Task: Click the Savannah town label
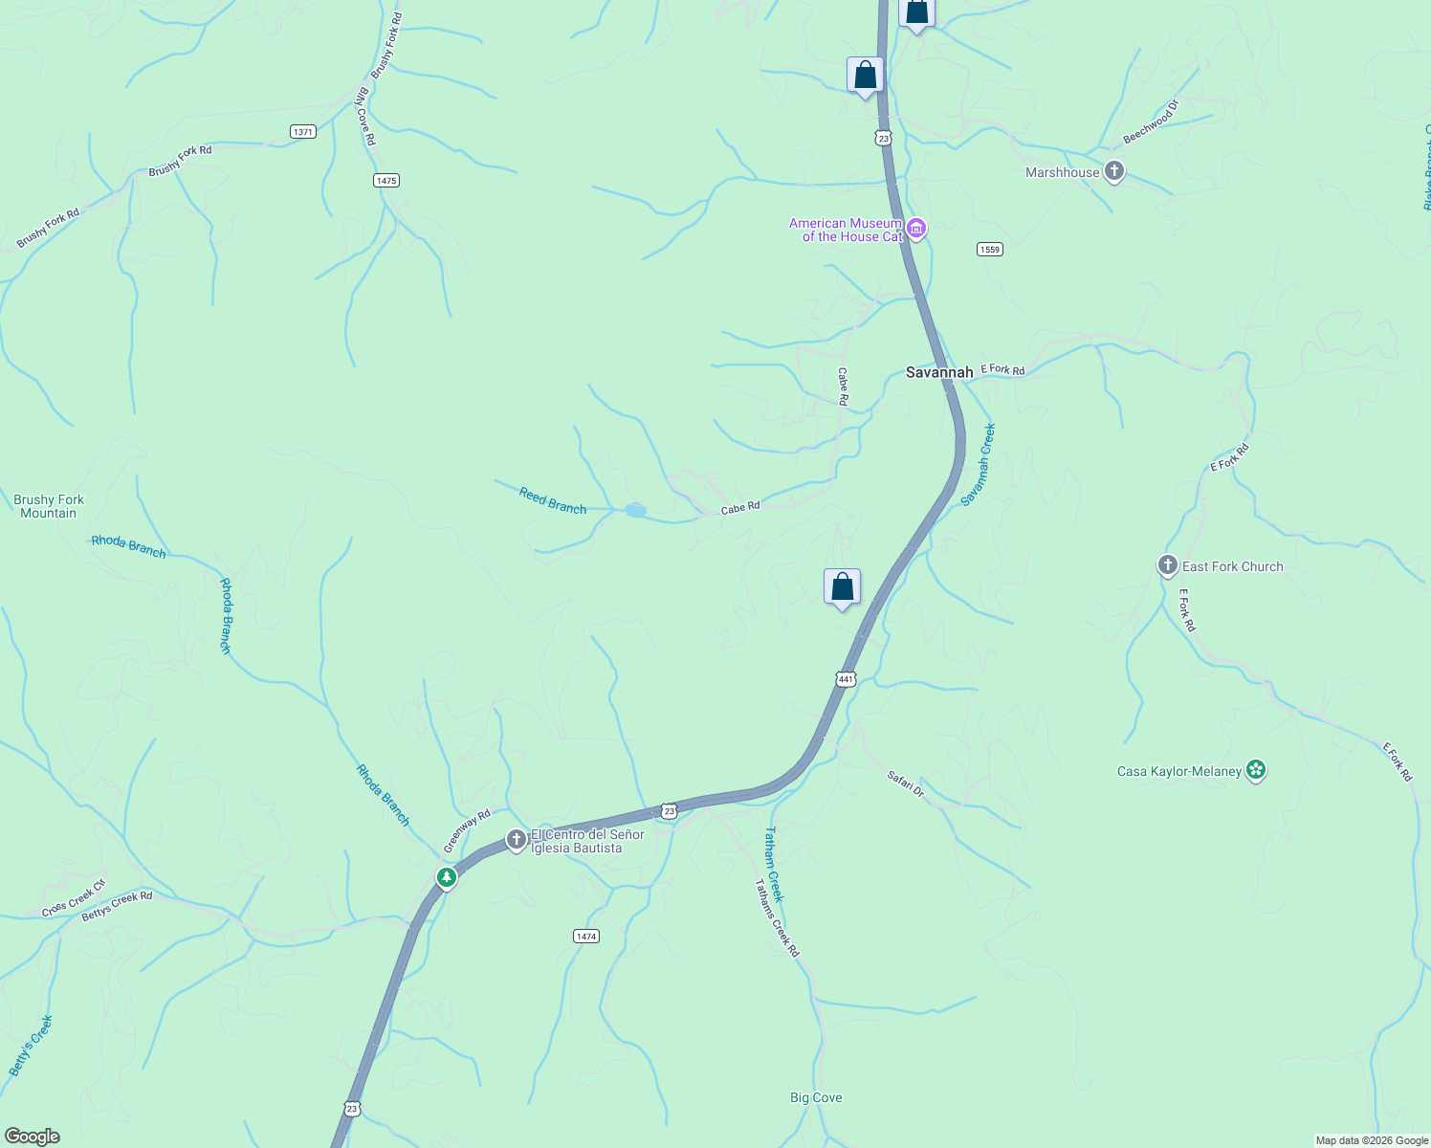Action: pos(939,372)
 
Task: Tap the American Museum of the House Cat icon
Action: pos(916,229)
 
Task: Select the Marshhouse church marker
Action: pos(1113,172)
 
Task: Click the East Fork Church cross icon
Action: pos(1167,565)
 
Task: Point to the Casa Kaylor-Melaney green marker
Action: pos(1256,770)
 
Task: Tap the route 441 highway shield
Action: pos(846,679)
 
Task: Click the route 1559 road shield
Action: pos(989,250)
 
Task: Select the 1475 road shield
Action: pos(386,180)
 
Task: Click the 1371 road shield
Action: pos(303,131)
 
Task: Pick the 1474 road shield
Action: pos(586,936)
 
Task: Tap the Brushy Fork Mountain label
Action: pos(49,506)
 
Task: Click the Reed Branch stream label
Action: pos(553,500)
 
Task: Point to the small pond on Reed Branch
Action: pos(635,511)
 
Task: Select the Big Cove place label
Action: pos(816,1097)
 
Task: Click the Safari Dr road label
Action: pos(906,784)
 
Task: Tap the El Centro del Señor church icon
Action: pos(517,840)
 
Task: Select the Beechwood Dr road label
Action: pos(1151,121)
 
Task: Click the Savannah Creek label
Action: pos(979,464)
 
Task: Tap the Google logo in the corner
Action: pos(33,1137)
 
